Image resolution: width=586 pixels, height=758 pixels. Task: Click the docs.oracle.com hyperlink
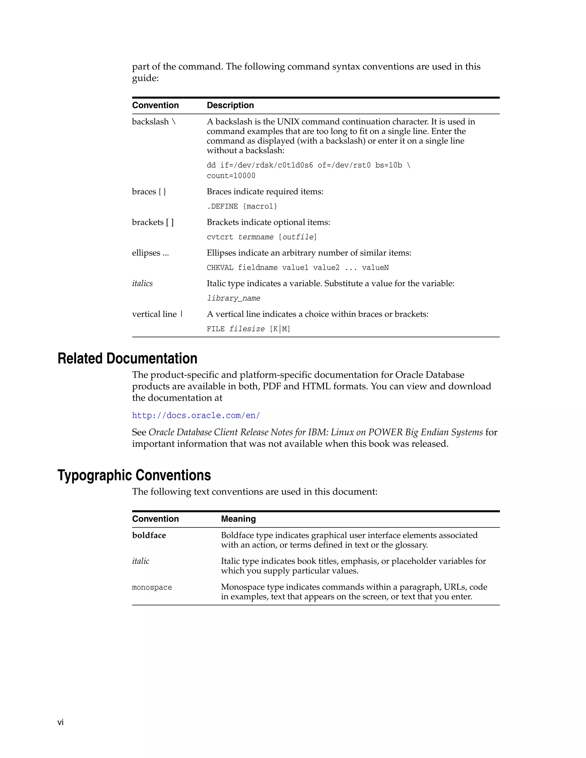(x=196, y=415)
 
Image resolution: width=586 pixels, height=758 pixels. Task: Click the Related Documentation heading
(x=127, y=358)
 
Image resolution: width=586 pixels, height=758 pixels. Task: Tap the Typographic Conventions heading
(x=134, y=475)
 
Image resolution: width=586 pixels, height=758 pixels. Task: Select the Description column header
(x=230, y=105)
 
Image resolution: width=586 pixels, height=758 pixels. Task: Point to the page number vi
(x=60, y=722)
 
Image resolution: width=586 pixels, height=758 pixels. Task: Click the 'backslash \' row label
(x=154, y=122)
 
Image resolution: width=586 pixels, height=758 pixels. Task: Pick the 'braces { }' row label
(x=149, y=192)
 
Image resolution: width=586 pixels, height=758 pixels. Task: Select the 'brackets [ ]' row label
(x=153, y=222)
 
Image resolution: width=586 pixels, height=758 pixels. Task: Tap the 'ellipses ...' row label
(x=150, y=253)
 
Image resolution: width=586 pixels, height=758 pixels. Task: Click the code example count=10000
(x=231, y=176)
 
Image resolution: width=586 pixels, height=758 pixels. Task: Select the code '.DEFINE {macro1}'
(x=242, y=207)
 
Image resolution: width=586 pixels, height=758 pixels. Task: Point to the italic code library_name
(x=233, y=298)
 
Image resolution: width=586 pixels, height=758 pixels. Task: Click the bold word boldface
(x=149, y=535)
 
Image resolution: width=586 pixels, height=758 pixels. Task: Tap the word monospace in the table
(x=152, y=588)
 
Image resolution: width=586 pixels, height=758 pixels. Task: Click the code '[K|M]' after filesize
(x=280, y=329)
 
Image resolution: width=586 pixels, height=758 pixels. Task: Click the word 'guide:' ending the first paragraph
(x=145, y=78)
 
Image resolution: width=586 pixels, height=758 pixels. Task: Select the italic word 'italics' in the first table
(x=142, y=283)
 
